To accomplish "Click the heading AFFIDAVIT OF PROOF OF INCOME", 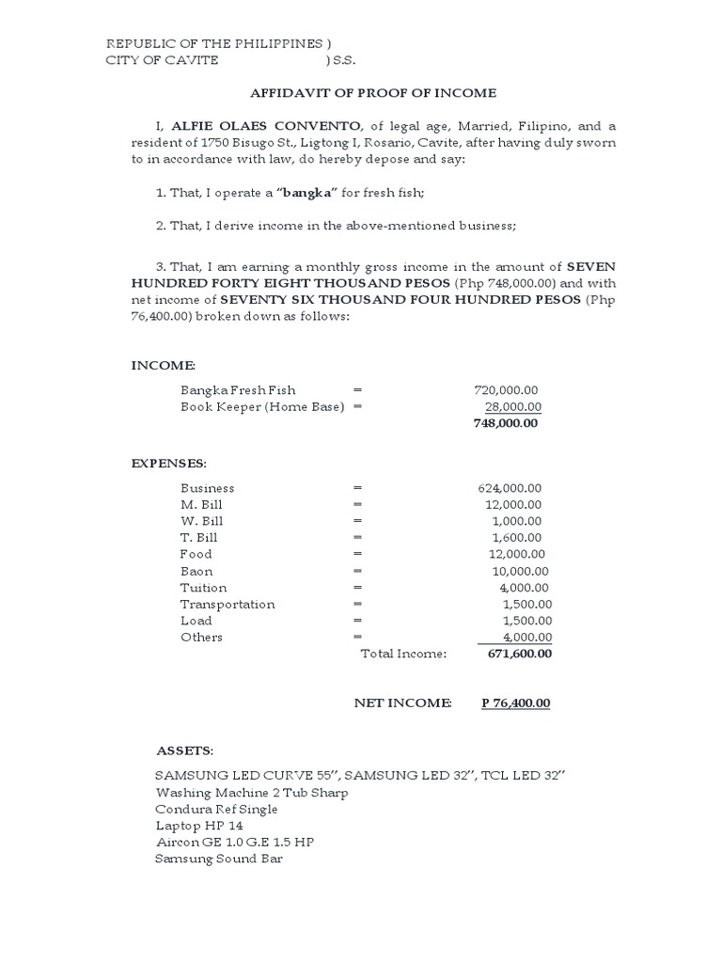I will (x=372, y=93).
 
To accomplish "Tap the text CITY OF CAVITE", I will (x=162, y=60).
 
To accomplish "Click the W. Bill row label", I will (x=201, y=521).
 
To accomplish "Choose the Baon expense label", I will (x=196, y=571).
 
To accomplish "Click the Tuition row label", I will (x=203, y=588).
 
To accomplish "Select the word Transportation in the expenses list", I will (x=228, y=604).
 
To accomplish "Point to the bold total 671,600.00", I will (x=520, y=654).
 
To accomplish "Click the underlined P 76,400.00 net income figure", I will (x=515, y=703).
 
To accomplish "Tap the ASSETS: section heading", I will (x=184, y=751).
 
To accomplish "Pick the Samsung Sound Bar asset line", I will (x=218, y=858).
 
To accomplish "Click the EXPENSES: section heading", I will (x=167, y=464).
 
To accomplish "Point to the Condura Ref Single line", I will (x=216, y=809).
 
